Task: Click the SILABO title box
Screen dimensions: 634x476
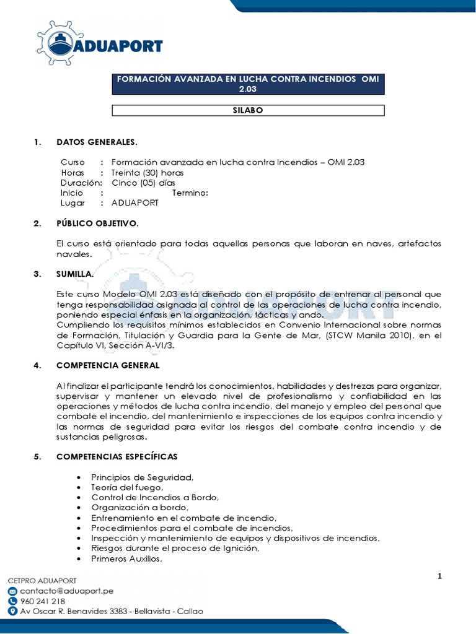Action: coord(248,110)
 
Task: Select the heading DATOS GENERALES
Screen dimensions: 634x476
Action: coord(96,142)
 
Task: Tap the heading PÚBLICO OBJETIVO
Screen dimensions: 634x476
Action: coord(97,223)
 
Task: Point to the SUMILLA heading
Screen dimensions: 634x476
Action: coord(75,273)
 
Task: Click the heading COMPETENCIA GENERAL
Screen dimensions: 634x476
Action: coord(107,365)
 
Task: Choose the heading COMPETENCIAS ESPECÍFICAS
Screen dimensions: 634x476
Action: coord(117,457)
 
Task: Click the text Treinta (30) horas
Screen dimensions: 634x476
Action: coord(148,173)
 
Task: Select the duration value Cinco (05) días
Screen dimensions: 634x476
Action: coord(143,183)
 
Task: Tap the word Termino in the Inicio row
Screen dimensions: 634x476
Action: coord(190,193)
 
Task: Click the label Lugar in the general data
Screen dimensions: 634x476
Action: coord(73,202)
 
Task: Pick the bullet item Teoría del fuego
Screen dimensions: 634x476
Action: coord(127,487)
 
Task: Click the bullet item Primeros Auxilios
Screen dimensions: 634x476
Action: coord(126,558)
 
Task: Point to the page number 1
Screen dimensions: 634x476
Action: coord(439,576)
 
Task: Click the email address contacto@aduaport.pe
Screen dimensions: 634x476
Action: coord(67,591)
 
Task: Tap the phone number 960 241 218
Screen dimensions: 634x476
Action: coord(43,601)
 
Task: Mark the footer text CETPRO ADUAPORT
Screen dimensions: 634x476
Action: coord(42,581)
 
